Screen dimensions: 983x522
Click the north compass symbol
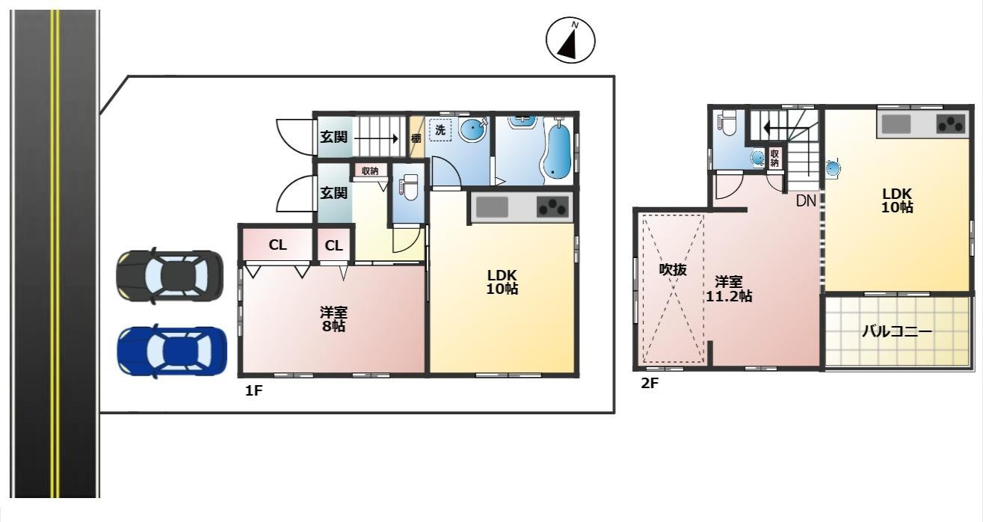570,40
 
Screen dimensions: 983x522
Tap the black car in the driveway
170,276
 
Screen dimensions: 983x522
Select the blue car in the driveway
172,351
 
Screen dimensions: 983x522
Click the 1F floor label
253,390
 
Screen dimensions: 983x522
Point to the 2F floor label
650,383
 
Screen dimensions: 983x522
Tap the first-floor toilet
409,187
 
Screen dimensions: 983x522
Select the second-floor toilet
727,123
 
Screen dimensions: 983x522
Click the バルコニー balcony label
896,331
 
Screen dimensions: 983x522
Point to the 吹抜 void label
673,269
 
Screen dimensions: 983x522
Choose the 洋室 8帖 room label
333,319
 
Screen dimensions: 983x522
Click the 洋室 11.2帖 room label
729,289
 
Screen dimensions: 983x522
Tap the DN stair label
806,200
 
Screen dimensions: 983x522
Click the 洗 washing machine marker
440,130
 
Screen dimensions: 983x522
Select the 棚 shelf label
416,139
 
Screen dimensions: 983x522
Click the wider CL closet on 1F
277,245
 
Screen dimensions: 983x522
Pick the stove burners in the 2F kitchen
951,123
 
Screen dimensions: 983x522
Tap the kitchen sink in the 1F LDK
492,206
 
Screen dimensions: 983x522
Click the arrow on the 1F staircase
376,139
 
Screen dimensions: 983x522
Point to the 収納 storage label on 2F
774,158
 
